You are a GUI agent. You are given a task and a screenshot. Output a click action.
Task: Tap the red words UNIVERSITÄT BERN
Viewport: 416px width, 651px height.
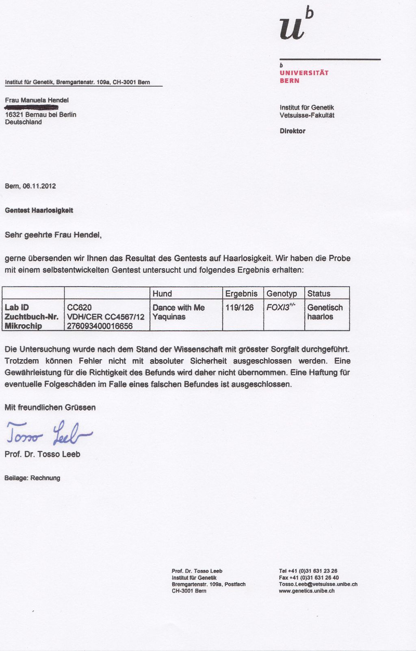pyautogui.click(x=304, y=77)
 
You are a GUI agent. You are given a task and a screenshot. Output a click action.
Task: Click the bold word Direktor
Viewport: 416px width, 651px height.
pyautogui.click(x=292, y=131)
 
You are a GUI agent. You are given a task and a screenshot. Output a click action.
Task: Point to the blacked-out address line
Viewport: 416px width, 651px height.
pyautogui.click(x=32, y=107)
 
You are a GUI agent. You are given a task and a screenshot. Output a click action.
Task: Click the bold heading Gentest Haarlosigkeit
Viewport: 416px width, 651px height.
pyautogui.click(x=39, y=210)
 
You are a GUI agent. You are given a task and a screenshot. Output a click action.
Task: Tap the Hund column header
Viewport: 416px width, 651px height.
pyautogui.click(x=162, y=293)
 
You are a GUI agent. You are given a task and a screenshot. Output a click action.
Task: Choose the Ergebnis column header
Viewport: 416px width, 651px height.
pyautogui.click(x=241, y=293)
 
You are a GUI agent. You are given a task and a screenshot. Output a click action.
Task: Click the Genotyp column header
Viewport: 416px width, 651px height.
pyautogui.click(x=282, y=293)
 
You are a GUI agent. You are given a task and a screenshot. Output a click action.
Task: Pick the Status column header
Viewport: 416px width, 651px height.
pyautogui.click(x=318, y=293)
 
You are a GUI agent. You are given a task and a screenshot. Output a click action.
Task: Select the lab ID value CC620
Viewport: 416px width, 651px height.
pyautogui.click(x=79, y=308)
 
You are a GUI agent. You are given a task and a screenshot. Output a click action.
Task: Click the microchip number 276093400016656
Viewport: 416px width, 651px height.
pyautogui.click(x=100, y=326)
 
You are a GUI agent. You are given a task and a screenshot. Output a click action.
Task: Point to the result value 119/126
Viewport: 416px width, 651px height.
pyautogui.click(x=239, y=308)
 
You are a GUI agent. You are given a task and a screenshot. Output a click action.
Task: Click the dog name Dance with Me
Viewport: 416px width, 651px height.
pyautogui.click(x=178, y=308)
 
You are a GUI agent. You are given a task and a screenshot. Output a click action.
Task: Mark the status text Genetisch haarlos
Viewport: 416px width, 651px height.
pyautogui.click(x=325, y=312)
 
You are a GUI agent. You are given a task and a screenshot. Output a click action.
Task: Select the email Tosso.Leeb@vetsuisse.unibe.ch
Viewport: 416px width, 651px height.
pyautogui.click(x=318, y=584)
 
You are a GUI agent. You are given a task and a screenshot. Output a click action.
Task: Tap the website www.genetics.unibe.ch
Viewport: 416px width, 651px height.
pyautogui.click(x=307, y=591)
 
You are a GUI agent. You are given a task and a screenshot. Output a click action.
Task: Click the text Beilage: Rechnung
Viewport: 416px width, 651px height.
pyautogui.click(x=32, y=478)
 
